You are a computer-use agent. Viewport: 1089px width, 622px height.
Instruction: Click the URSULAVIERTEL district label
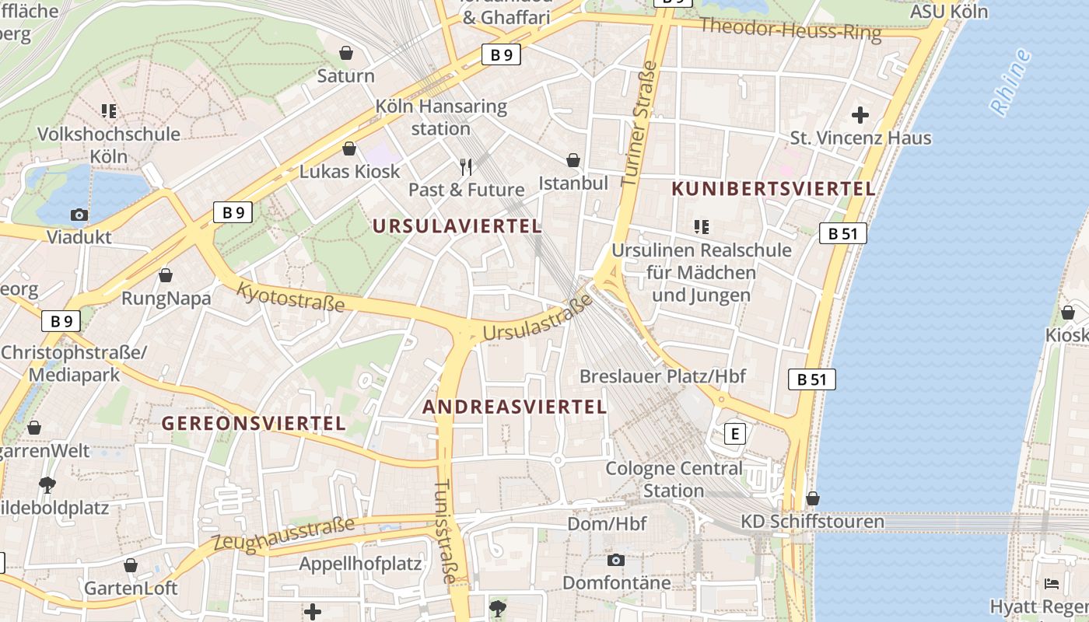[457, 226]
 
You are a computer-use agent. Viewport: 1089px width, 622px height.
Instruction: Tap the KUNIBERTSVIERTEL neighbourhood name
[773, 188]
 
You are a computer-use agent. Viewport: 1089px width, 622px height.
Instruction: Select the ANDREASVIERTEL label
[514, 407]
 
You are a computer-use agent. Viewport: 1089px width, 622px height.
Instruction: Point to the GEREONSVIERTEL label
[253, 423]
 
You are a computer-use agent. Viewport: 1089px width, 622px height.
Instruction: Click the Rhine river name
[1011, 82]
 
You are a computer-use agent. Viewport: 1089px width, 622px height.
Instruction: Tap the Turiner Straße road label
[639, 124]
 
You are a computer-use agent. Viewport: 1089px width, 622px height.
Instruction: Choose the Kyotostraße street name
[289, 297]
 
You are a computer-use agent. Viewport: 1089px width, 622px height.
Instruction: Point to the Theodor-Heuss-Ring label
[790, 30]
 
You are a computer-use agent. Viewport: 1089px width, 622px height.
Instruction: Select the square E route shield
[734, 433]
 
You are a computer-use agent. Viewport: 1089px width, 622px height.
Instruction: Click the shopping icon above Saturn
[346, 53]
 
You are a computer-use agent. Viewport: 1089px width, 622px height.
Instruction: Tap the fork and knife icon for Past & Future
[466, 166]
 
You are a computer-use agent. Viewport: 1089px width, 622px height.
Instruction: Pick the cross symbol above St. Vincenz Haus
[860, 115]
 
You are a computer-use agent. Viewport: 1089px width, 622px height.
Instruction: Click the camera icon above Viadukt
[79, 215]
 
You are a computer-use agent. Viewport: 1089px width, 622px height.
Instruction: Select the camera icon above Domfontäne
[615, 560]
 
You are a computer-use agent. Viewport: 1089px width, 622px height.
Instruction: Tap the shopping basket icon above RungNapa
[165, 275]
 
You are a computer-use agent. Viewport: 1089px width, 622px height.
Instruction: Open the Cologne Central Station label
[674, 479]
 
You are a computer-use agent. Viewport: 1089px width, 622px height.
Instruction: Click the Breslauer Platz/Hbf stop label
[662, 376]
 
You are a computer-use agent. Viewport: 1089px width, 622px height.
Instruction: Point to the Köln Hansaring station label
[441, 117]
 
